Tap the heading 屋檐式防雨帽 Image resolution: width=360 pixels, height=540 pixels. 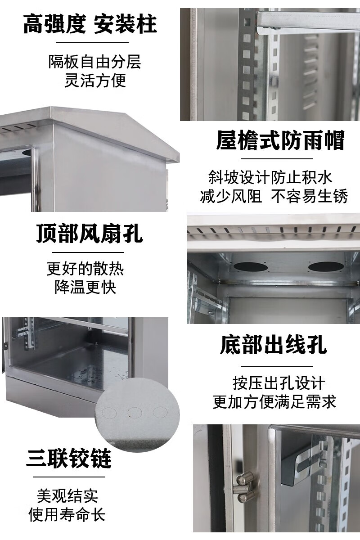click(280, 140)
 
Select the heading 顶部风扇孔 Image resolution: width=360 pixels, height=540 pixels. click(90, 234)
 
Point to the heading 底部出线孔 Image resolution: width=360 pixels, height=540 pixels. click(274, 345)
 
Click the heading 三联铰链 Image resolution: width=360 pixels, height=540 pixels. click(69, 458)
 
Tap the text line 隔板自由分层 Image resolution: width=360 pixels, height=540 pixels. click(95, 62)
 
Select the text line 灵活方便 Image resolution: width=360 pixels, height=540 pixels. click(95, 81)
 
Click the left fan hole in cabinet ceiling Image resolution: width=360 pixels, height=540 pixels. click(250, 267)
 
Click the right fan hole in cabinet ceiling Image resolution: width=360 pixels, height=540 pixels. click(326, 266)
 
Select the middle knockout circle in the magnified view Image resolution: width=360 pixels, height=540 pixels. click(135, 413)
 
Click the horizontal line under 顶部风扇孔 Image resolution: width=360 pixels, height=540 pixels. click(88, 252)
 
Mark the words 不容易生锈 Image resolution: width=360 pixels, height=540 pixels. click(309, 196)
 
